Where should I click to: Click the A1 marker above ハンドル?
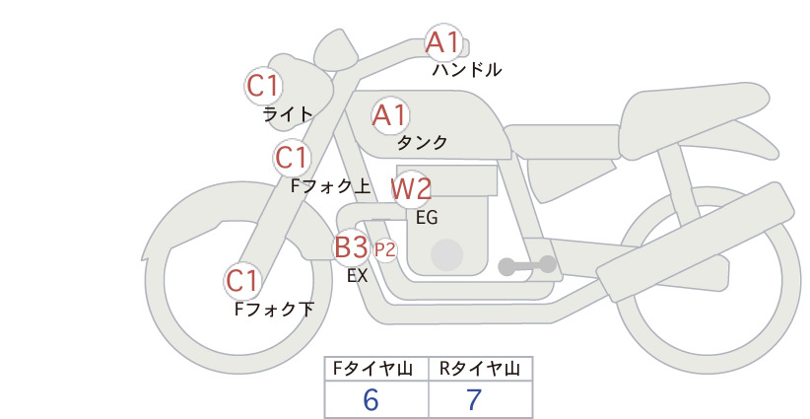443,42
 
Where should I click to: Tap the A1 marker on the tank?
390,115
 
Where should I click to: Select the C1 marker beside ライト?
263,86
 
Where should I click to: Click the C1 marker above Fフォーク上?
292,157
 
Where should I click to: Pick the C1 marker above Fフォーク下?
242,281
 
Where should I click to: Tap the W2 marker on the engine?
411,188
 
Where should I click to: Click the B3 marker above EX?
351,246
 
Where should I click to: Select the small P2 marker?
385,250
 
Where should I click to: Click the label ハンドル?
467,69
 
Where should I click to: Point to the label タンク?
422,142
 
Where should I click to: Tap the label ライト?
288,113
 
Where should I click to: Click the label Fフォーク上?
331,185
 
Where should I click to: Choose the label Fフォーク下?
274,309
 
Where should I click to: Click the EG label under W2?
427,218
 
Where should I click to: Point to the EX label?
357,276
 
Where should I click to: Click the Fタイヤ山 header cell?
376,369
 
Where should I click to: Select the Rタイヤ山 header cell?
481,369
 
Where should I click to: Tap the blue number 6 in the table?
371,399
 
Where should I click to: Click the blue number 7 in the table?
474,399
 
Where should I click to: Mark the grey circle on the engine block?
446,254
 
